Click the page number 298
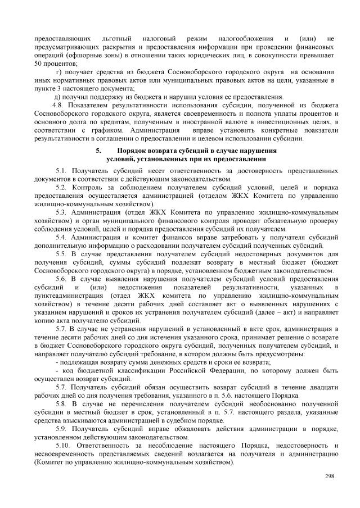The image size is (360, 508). [x=330, y=477]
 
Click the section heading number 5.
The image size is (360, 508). [x=98, y=151]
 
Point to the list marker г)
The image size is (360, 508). [x=59, y=72]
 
